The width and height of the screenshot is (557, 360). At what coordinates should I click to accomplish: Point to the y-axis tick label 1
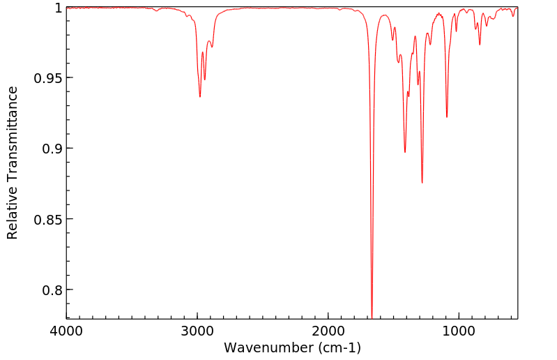coord(57,8)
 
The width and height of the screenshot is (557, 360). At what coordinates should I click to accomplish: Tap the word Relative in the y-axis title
coord(13,213)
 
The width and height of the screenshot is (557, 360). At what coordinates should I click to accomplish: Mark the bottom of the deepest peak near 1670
coord(372,317)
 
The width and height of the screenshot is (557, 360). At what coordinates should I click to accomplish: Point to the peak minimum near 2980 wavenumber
coord(200,96)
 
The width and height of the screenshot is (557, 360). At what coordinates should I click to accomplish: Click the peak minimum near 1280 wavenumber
coord(422,183)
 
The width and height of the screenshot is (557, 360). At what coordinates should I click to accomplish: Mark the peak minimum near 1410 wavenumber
coord(405,152)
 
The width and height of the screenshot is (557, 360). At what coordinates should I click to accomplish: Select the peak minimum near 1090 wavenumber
coord(447,117)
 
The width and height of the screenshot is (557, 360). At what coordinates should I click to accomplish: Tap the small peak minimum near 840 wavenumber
coord(480,45)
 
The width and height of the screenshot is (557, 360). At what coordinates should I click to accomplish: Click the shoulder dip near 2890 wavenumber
coord(212,47)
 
